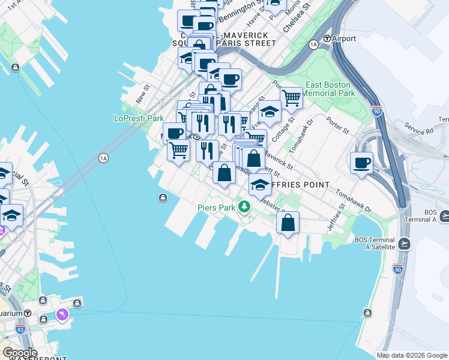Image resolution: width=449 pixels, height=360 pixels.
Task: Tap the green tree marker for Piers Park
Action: coord(244,208)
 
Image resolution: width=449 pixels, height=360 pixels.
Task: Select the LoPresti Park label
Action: coord(139,118)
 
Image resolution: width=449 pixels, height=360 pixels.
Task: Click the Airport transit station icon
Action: coord(327,38)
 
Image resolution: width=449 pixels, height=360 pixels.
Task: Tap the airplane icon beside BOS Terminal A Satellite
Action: coord(404,244)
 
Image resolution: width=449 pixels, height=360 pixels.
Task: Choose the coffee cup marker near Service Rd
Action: coord(362,163)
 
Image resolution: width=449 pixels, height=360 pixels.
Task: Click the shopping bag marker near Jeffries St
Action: coord(288,223)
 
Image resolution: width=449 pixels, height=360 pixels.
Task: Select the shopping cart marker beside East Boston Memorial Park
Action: coord(291,98)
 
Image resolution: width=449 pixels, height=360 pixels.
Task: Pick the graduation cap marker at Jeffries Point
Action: coord(259,185)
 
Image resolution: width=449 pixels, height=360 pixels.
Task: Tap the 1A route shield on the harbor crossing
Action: coord(103,158)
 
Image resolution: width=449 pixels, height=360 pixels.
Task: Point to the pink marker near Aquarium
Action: coord(62,314)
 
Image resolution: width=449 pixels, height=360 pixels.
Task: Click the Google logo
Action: coord(20,353)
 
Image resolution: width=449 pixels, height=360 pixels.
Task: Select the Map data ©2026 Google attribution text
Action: coord(411,355)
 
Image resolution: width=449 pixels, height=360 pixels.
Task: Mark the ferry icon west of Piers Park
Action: coord(163,199)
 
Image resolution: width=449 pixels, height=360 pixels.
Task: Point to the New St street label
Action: coord(142,93)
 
